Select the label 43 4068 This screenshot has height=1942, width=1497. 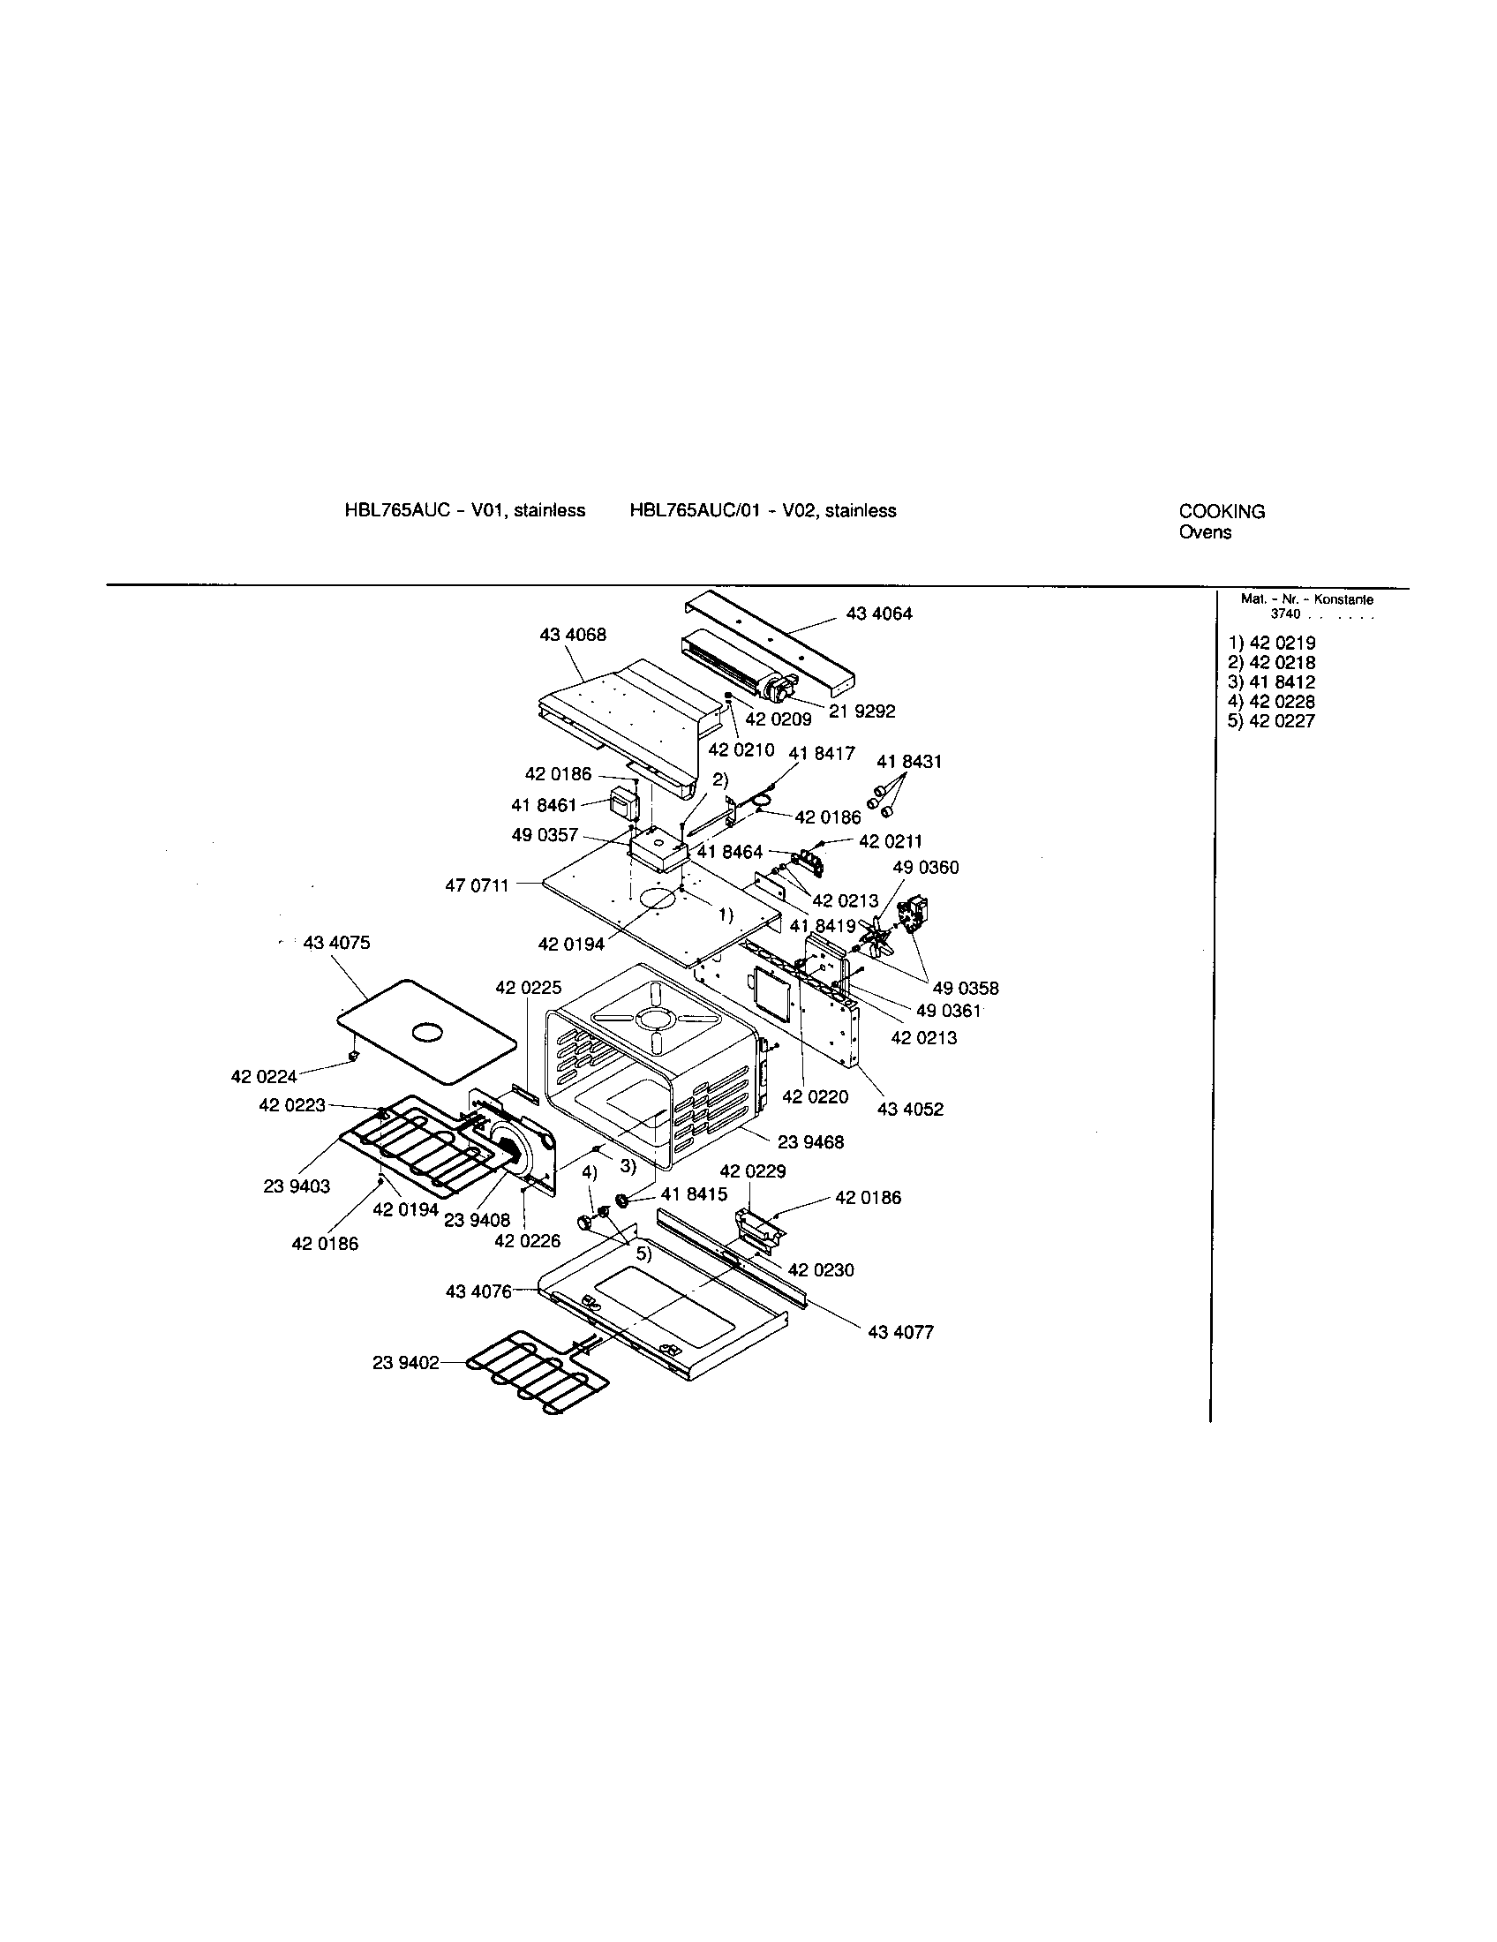[573, 635]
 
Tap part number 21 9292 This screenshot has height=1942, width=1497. [861, 711]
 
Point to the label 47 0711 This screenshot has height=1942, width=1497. [477, 885]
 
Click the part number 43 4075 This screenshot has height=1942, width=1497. [336, 943]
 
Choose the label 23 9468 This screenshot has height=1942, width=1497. [813, 1140]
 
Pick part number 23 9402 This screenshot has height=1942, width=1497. [405, 1362]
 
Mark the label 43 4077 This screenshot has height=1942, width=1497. [900, 1332]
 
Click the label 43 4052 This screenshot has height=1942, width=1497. [910, 1109]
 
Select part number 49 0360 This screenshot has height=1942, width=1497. [925, 867]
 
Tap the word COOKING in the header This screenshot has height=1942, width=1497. [1222, 511]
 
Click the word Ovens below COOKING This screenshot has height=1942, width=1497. [1205, 532]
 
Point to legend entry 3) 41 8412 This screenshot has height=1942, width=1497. [1271, 682]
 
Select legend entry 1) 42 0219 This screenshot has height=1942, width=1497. [1271, 643]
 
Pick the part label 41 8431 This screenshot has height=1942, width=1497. [908, 762]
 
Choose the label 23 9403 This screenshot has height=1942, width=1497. [296, 1186]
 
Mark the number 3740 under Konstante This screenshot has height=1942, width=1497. [1284, 613]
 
